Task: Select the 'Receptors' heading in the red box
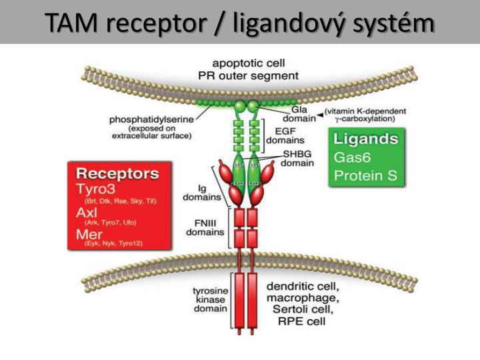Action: tap(118, 174)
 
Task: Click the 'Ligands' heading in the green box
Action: tap(366, 140)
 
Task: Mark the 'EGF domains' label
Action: tap(285, 136)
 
